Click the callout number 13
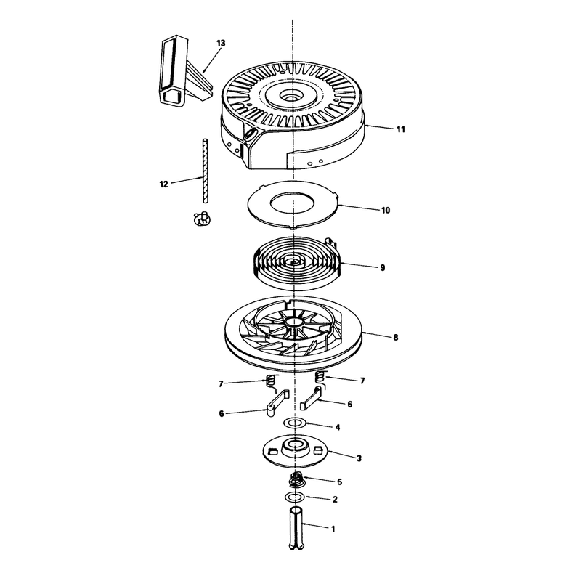(x=221, y=44)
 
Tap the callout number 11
(x=401, y=130)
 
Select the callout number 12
(x=164, y=184)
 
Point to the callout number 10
(x=386, y=211)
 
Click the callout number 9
(x=383, y=267)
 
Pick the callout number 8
(x=396, y=338)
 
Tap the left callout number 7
(x=221, y=384)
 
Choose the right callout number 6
(x=350, y=405)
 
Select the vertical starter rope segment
(x=205, y=171)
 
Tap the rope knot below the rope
(x=203, y=219)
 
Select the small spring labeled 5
(x=297, y=480)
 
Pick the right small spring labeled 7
(x=320, y=378)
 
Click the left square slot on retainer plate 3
(x=272, y=450)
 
